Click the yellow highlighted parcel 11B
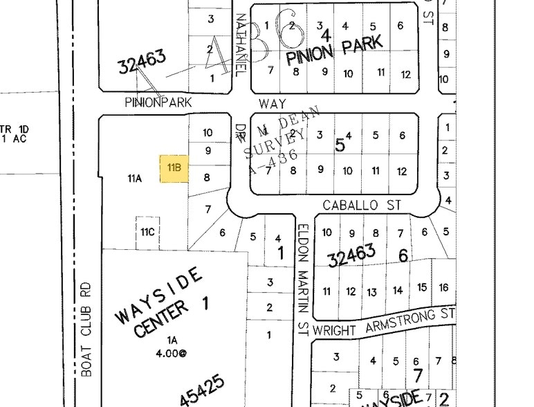pos(174,168)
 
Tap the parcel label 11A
pos(134,178)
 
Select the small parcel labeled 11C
pos(147,231)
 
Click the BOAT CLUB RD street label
pos(86,329)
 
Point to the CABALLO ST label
pos(362,206)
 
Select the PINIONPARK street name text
pos(158,102)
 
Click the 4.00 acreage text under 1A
pos(172,352)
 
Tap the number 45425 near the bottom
pos(201,391)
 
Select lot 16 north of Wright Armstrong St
pos(443,287)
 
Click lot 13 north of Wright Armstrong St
pos(371,291)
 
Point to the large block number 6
pos(403,256)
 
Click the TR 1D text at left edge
pos(6,129)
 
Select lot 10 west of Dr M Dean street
pos(208,132)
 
